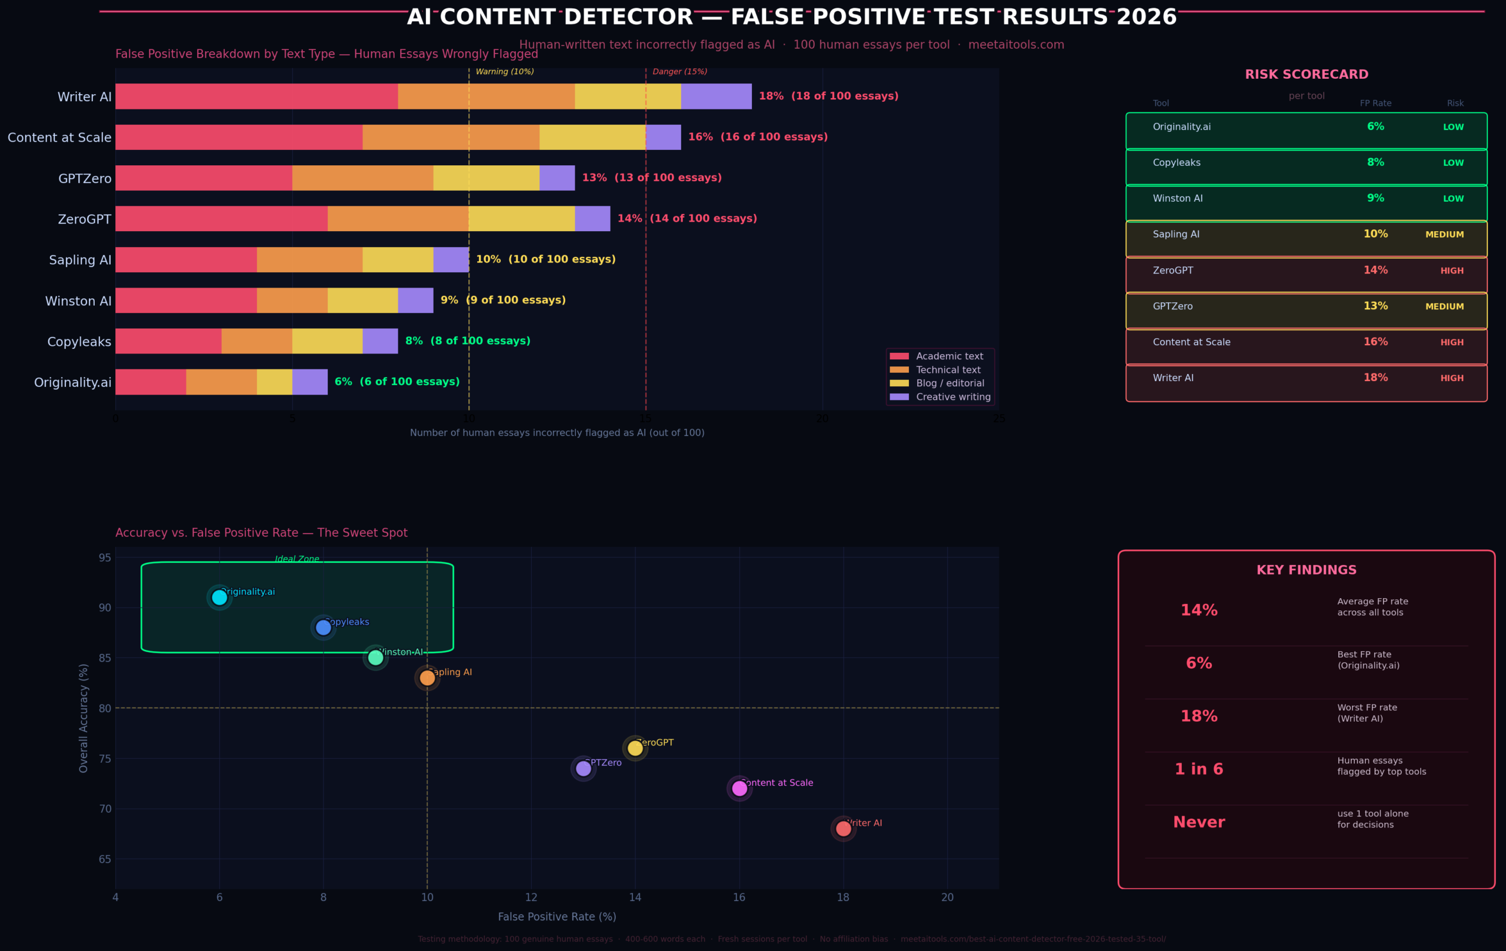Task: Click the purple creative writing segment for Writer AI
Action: click(716, 96)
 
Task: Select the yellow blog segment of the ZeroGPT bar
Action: click(522, 219)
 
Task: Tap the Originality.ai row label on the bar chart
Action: click(72, 382)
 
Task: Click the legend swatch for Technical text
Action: click(899, 370)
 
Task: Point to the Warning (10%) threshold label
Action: click(505, 72)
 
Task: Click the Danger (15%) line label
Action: click(680, 72)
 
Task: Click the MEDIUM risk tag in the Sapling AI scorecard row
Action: click(1444, 235)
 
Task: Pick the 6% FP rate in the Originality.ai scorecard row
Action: click(1375, 126)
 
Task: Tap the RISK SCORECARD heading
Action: click(1307, 75)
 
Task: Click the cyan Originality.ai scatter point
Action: click(219, 598)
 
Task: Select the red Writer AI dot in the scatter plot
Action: click(843, 829)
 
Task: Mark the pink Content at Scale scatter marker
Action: click(739, 789)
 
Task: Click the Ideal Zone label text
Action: click(297, 559)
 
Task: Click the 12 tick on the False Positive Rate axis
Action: click(531, 898)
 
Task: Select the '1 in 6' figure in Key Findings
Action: click(1198, 769)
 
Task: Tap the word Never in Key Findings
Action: click(1198, 822)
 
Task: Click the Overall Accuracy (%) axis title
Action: click(84, 718)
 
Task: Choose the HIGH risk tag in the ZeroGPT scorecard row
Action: click(1452, 271)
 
